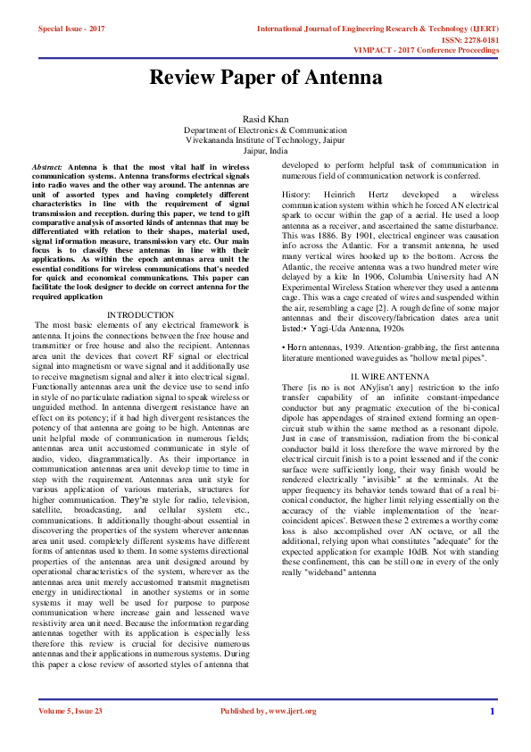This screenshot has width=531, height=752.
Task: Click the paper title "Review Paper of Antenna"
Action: [x=265, y=78]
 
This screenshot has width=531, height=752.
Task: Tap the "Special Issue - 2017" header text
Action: [x=71, y=29]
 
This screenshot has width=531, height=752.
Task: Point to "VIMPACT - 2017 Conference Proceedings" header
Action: [x=436, y=51]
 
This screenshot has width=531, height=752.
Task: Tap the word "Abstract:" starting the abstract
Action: [x=47, y=168]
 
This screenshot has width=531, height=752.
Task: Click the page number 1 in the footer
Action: [x=491, y=712]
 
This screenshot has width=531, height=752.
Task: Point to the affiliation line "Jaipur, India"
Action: [x=265, y=151]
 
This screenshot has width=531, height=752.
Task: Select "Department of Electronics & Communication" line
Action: [x=265, y=130]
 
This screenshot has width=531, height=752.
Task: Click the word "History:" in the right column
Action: [x=296, y=194]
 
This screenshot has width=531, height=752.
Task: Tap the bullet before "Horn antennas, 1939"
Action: [x=284, y=357]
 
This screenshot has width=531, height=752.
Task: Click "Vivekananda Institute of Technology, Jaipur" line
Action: [x=265, y=140]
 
